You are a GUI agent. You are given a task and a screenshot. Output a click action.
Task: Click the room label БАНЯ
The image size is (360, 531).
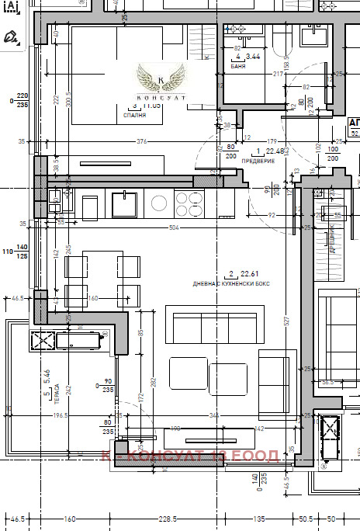[x=239, y=68]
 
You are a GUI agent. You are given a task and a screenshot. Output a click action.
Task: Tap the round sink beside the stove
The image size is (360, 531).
[x=159, y=203]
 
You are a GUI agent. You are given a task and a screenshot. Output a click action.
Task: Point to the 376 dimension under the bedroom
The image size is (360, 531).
[x=142, y=141]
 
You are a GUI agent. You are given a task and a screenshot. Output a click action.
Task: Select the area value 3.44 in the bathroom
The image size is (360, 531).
[x=252, y=57]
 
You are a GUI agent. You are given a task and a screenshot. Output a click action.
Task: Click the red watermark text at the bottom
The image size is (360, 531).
[x=190, y=456]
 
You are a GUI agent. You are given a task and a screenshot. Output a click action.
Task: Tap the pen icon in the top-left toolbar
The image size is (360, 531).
[x=11, y=36]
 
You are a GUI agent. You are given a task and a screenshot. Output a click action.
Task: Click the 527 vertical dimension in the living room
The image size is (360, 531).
[x=286, y=320]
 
